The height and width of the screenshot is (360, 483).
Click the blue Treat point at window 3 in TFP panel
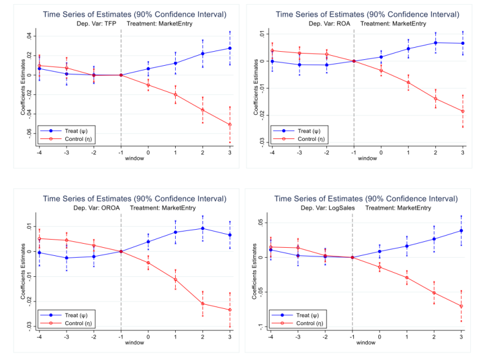[230, 48]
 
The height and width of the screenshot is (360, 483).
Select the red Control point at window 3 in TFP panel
[230, 124]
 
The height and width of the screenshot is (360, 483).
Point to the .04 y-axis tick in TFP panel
[30, 37]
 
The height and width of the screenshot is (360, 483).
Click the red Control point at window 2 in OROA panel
[203, 304]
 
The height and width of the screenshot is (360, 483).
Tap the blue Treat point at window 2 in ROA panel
[435, 42]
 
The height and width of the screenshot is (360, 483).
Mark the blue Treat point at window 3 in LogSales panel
[461, 230]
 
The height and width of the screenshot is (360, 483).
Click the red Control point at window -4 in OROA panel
[40, 238]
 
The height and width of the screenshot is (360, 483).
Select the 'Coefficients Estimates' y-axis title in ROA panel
[255, 87]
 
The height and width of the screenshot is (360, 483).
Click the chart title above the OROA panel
[134, 199]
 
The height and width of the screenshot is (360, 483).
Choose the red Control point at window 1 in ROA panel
[409, 83]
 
